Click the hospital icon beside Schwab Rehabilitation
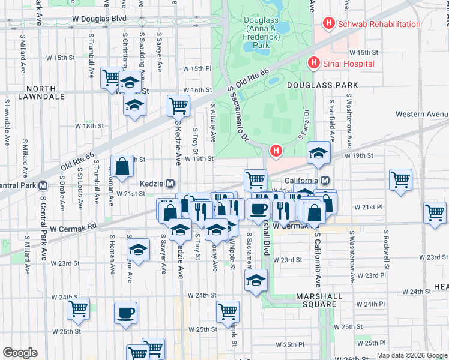click(x=328, y=24)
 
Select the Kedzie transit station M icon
click(x=170, y=183)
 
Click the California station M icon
click(x=325, y=181)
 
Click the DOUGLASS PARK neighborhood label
click(x=322, y=86)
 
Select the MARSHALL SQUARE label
click(x=319, y=300)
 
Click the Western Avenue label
click(x=421, y=114)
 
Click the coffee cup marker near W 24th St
click(x=125, y=313)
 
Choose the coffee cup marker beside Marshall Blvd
click(x=258, y=208)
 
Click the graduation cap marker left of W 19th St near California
click(x=318, y=153)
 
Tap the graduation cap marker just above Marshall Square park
click(x=256, y=280)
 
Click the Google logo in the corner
click(x=20, y=353)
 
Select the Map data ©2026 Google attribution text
click(x=411, y=355)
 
